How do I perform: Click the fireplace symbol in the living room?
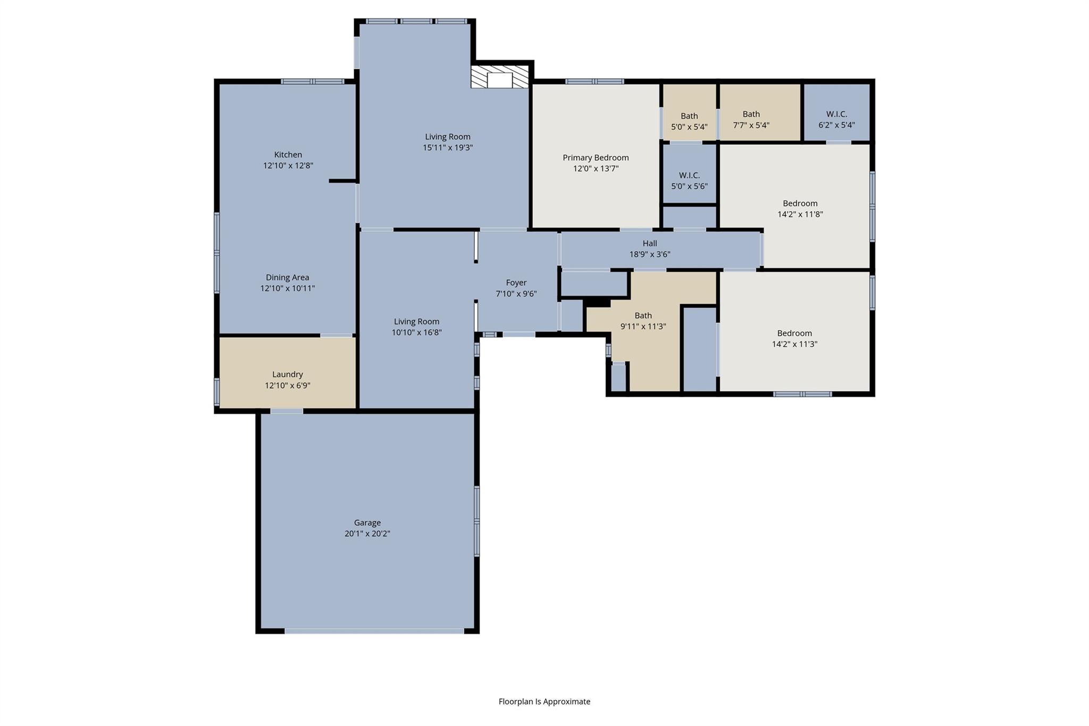tap(500, 77)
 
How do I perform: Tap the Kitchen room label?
tap(288, 155)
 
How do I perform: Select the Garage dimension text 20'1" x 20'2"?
tap(367, 533)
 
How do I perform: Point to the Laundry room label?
tap(288, 374)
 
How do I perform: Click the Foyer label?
tap(516, 283)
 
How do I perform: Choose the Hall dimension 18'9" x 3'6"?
tap(650, 254)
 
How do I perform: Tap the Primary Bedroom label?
tap(596, 157)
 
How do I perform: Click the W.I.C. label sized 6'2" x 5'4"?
tap(837, 114)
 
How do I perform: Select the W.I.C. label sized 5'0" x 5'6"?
tap(690, 176)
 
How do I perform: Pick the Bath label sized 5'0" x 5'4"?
tap(690, 116)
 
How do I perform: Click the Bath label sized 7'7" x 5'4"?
tap(751, 114)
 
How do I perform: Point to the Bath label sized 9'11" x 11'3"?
tap(643, 315)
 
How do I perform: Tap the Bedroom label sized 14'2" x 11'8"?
tap(800, 203)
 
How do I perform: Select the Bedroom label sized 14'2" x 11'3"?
tap(795, 333)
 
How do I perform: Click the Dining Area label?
tap(288, 277)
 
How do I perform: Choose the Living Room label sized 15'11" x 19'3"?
tap(448, 137)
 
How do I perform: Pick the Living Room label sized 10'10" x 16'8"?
tap(417, 321)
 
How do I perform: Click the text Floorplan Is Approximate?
tap(544, 702)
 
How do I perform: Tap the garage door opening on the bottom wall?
tap(374, 631)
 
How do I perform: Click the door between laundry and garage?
tap(287, 411)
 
